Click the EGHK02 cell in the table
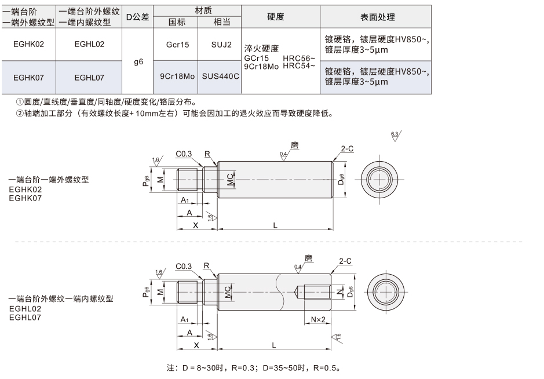[x=28, y=44]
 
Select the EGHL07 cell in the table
[x=89, y=78]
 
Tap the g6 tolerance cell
[x=138, y=62]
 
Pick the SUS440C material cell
[x=220, y=76]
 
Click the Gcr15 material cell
[x=177, y=45]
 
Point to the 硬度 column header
[x=275, y=17]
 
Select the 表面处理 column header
[x=377, y=17]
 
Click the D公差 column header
[x=137, y=17]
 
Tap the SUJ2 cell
[x=221, y=45]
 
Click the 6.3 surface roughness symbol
[x=396, y=136]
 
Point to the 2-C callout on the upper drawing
[x=347, y=148]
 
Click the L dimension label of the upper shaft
[x=275, y=225]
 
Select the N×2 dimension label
[x=318, y=319]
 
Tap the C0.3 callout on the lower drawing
[x=184, y=266]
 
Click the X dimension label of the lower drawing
[x=196, y=345]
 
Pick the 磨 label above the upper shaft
[x=294, y=145]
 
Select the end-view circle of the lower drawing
[x=385, y=292]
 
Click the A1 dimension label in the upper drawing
[x=185, y=200]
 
